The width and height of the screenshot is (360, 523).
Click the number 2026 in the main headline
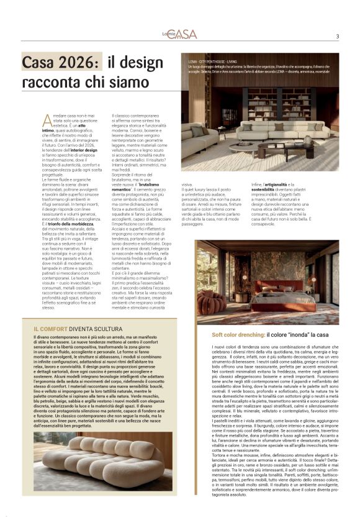pos(75,62)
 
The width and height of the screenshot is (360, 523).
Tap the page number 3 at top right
pos(337,35)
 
